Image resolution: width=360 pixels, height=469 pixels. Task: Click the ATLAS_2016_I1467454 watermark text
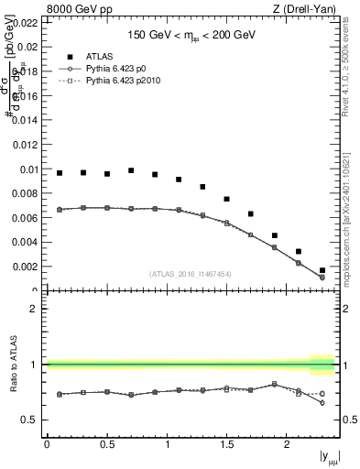(x=189, y=273)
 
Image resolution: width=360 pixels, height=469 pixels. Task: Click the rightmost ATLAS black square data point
(x=322, y=271)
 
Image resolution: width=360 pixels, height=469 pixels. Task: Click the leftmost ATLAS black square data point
(x=60, y=173)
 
